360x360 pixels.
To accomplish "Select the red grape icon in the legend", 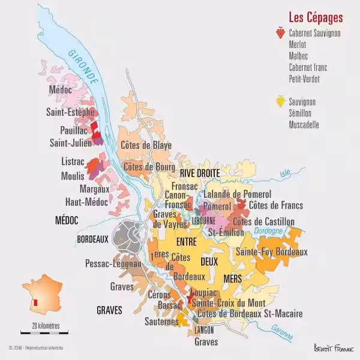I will click(280, 34).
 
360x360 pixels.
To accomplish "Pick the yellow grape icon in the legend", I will click(280, 102).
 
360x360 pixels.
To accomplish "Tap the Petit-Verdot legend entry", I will click(304, 79).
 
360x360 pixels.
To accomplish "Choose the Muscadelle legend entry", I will click(305, 125).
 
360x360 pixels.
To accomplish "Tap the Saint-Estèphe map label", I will click(70, 112).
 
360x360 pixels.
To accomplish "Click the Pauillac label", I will click(74, 130).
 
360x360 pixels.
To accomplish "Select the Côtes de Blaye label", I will click(146, 145).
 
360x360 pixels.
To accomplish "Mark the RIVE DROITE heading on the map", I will click(200, 173).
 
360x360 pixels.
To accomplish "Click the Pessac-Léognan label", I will click(113, 263).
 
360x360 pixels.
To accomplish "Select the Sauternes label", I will click(161, 322).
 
